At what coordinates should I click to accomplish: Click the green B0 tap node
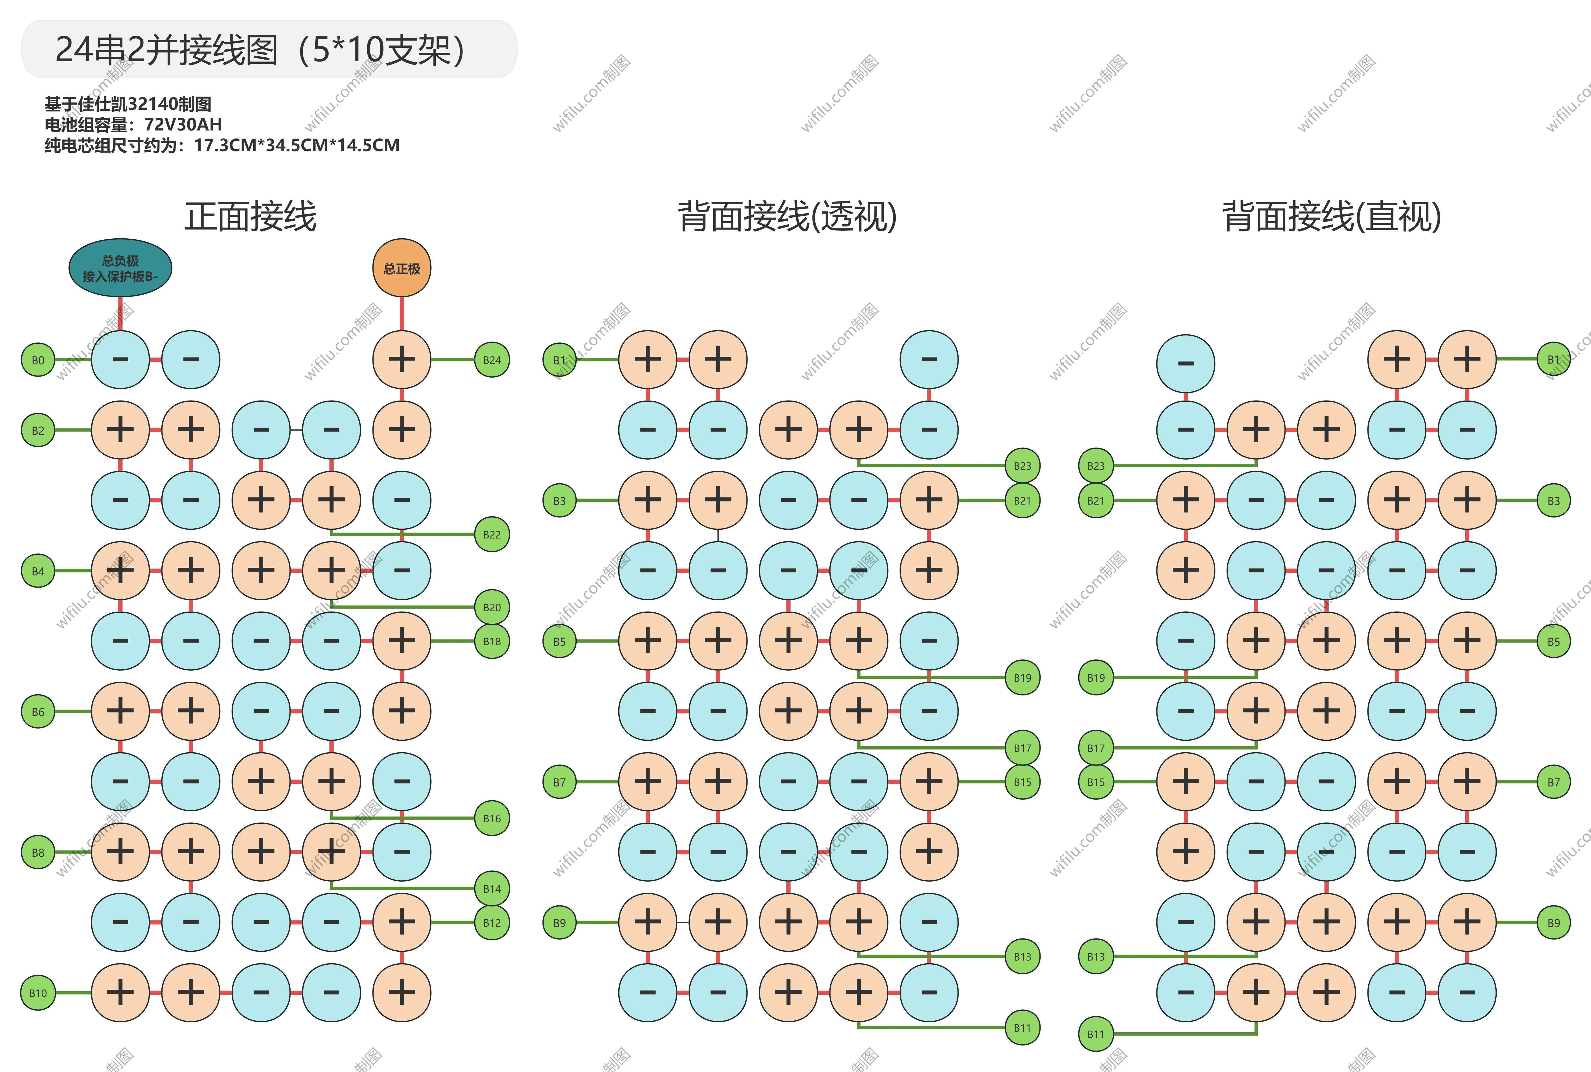click(38, 360)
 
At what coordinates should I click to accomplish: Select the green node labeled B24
click(492, 360)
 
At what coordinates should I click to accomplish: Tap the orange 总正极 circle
click(402, 268)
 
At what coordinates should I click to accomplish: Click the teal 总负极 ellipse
click(120, 268)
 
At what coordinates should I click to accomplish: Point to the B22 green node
click(492, 535)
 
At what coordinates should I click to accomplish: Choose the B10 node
click(38, 993)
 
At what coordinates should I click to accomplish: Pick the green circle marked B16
click(492, 818)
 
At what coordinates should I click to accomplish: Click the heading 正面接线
click(250, 217)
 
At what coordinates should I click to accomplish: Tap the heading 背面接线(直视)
click(1332, 217)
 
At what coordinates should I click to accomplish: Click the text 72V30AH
click(183, 124)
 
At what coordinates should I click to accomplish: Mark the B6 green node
click(38, 712)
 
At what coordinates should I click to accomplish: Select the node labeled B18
click(492, 641)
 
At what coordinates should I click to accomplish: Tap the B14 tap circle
click(492, 889)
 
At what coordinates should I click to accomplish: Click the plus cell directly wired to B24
click(402, 360)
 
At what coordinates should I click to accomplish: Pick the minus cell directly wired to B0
click(120, 360)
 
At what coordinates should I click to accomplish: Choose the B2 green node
click(38, 431)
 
